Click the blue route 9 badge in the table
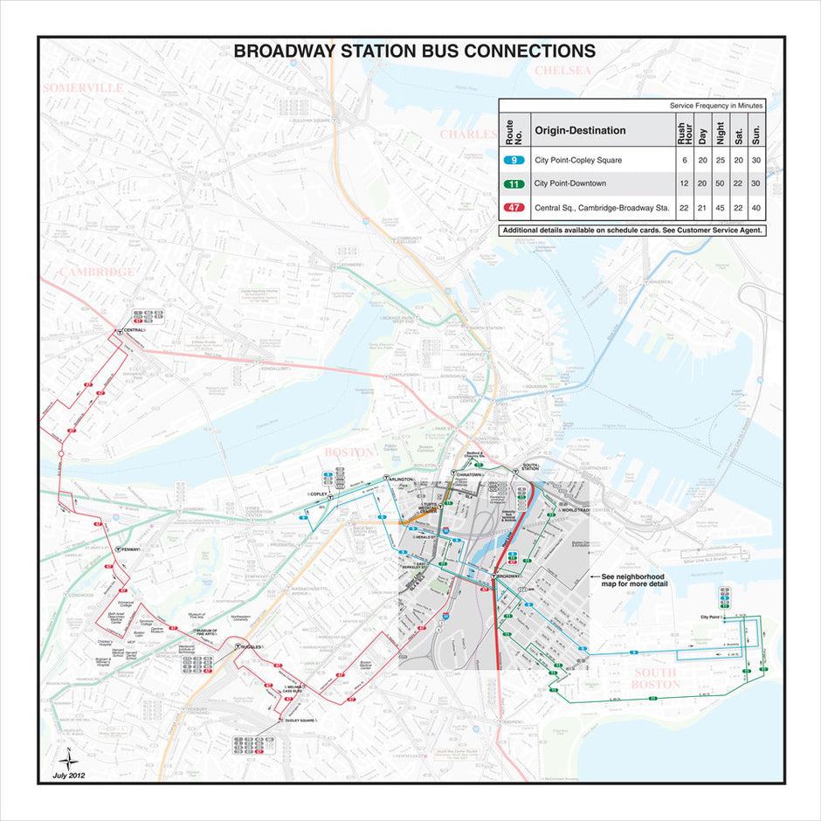point(515,161)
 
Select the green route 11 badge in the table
point(515,183)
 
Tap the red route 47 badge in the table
point(515,208)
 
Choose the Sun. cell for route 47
point(755,208)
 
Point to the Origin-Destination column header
point(580,130)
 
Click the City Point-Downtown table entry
point(569,183)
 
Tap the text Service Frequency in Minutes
point(716,105)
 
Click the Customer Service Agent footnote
point(632,231)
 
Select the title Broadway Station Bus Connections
point(414,52)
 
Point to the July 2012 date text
point(69,775)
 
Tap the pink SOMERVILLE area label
point(83,88)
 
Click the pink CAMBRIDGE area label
point(97,272)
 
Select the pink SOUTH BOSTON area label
point(657,679)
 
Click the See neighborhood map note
point(633,581)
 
